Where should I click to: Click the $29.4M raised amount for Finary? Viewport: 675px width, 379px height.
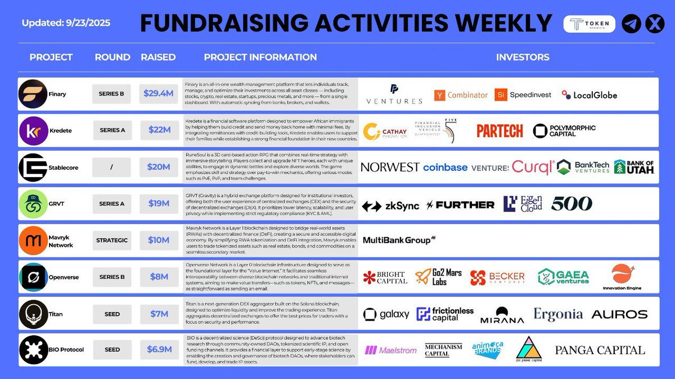[x=158, y=94]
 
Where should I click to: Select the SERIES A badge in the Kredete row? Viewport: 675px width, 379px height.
[x=112, y=130]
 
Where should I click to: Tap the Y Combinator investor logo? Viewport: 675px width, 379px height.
[x=461, y=95]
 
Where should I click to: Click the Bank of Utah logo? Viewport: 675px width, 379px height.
[x=634, y=166]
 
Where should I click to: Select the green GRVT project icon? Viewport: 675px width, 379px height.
[x=33, y=204]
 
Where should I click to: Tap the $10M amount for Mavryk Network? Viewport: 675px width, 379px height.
[x=158, y=240]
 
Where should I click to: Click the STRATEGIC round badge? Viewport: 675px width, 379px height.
[x=112, y=240]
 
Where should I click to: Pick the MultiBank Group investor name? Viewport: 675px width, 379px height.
[x=399, y=240]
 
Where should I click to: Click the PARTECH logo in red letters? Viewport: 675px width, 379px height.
[x=499, y=131]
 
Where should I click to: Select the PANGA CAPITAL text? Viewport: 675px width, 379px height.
[x=600, y=350]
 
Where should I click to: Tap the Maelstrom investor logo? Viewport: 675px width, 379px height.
[x=390, y=350]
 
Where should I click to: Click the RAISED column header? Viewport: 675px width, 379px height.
[x=158, y=57]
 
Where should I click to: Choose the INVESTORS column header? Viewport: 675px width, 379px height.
[x=523, y=57]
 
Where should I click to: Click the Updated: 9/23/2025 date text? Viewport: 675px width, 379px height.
[x=66, y=23]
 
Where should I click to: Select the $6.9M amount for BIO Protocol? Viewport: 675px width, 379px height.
[x=158, y=350]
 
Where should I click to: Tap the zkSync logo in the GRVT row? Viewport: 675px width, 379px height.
[x=390, y=205]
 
